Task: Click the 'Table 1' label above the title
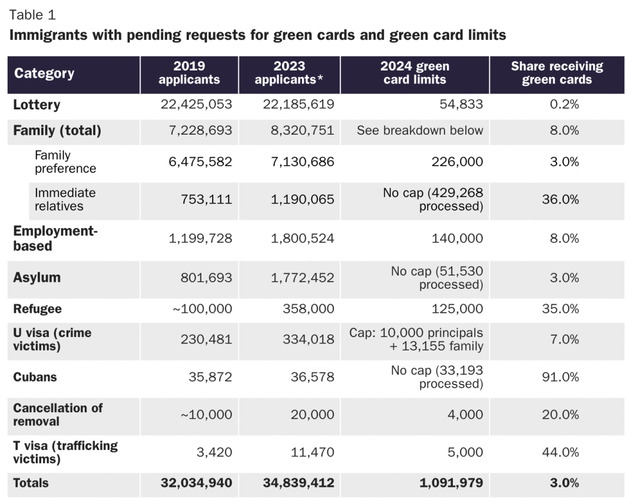tap(32, 15)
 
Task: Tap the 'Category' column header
tap(44, 74)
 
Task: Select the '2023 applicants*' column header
tap(289, 74)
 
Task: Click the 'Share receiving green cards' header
tap(556, 74)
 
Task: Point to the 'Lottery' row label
tap(37, 105)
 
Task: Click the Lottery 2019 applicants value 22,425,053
tap(196, 105)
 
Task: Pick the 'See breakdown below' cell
tap(419, 131)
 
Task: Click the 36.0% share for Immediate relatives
tap(560, 199)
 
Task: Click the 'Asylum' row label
tap(37, 278)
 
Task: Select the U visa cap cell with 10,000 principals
tap(416, 339)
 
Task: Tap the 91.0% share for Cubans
tap(560, 377)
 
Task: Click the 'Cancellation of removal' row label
tap(58, 415)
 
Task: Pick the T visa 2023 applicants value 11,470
tap(312, 452)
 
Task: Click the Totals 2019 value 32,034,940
tap(196, 483)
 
